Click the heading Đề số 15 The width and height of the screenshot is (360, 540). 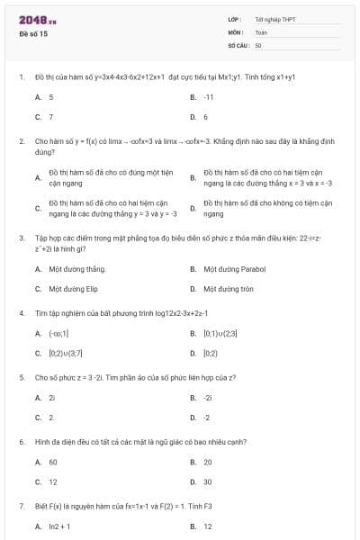33,33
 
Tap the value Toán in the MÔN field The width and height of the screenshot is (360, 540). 262,31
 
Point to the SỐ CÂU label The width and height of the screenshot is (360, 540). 238,44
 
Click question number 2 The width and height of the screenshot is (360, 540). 21,141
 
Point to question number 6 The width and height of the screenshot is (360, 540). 21,442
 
